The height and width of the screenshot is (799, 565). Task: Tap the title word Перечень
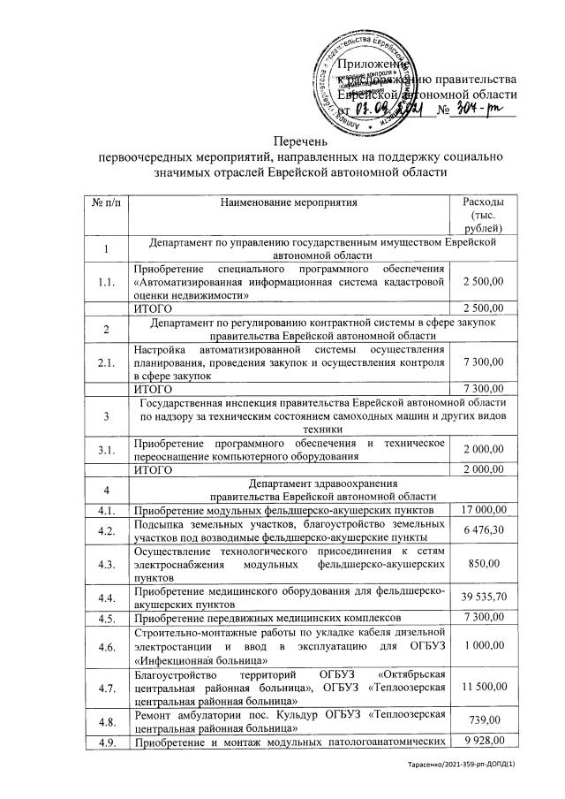(301, 141)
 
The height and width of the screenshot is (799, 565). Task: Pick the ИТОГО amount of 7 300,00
(483, 389)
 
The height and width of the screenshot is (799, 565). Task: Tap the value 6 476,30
(483, 531)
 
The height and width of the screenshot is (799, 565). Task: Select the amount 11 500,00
(482, 687)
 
